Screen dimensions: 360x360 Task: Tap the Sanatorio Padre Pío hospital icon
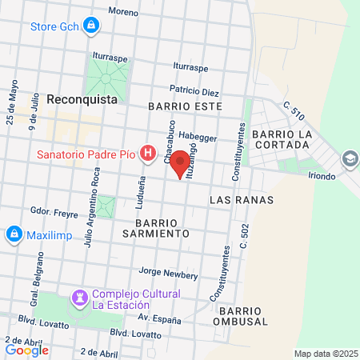pyautogui.click(x=147, y=152)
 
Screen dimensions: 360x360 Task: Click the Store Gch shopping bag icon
pyautogui.click(x=92, y=26)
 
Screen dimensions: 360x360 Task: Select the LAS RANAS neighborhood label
pyautogui.click(x=241, y=199)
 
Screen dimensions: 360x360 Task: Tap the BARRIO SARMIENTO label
pyautogui.click(x=162, y=227)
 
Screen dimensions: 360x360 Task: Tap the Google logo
pyautogui.click(x=26, y=350)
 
